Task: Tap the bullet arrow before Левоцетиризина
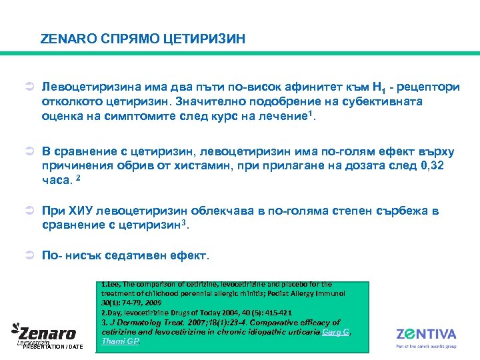click(x=29, y=87)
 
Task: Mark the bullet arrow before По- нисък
click(x=29, y=256)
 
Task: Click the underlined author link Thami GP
click(x=121, y=341)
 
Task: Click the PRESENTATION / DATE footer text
click(x=53, y=347)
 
